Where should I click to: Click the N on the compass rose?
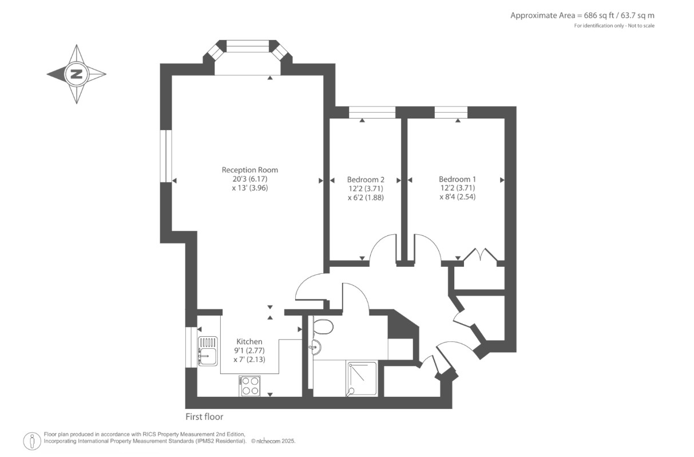point(77,74)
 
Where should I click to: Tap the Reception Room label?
point(249,170)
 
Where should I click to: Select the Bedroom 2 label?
point(366,179)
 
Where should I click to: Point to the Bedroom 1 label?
point(457,179)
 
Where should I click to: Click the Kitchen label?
point(249,342)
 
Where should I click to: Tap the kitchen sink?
point(208,351)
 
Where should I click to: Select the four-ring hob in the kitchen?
point(249,385)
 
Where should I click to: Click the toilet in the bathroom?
point(323,327)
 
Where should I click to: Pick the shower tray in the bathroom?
point(362,379)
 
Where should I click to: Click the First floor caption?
point(204,417)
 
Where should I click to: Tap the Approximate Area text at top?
point(582,15)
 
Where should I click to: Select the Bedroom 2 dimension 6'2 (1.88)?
point(366,198)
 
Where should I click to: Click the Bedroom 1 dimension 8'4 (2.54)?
point(457,197)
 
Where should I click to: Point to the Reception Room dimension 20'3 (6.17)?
point(250,179)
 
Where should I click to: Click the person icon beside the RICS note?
point(32,441)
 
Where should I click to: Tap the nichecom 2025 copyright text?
point(273,441)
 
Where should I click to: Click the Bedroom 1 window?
point(451,112)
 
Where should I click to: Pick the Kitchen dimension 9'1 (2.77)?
point(249,350)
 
